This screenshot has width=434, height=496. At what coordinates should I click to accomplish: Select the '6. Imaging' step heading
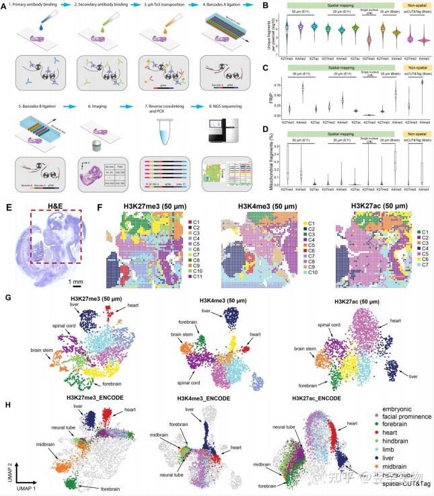[96, 106]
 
